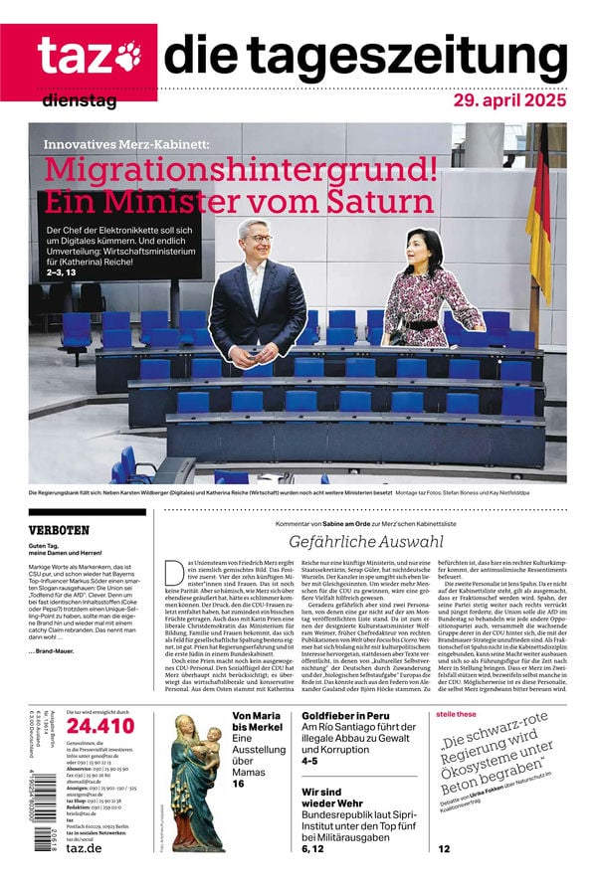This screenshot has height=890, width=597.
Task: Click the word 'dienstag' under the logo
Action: pyautogui.click(x=80, y=100)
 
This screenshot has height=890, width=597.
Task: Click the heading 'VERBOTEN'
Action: pyautogui.click(x=60, y=531)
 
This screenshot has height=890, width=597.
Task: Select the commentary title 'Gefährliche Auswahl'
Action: pyautogui.click(x=366, y=542)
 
